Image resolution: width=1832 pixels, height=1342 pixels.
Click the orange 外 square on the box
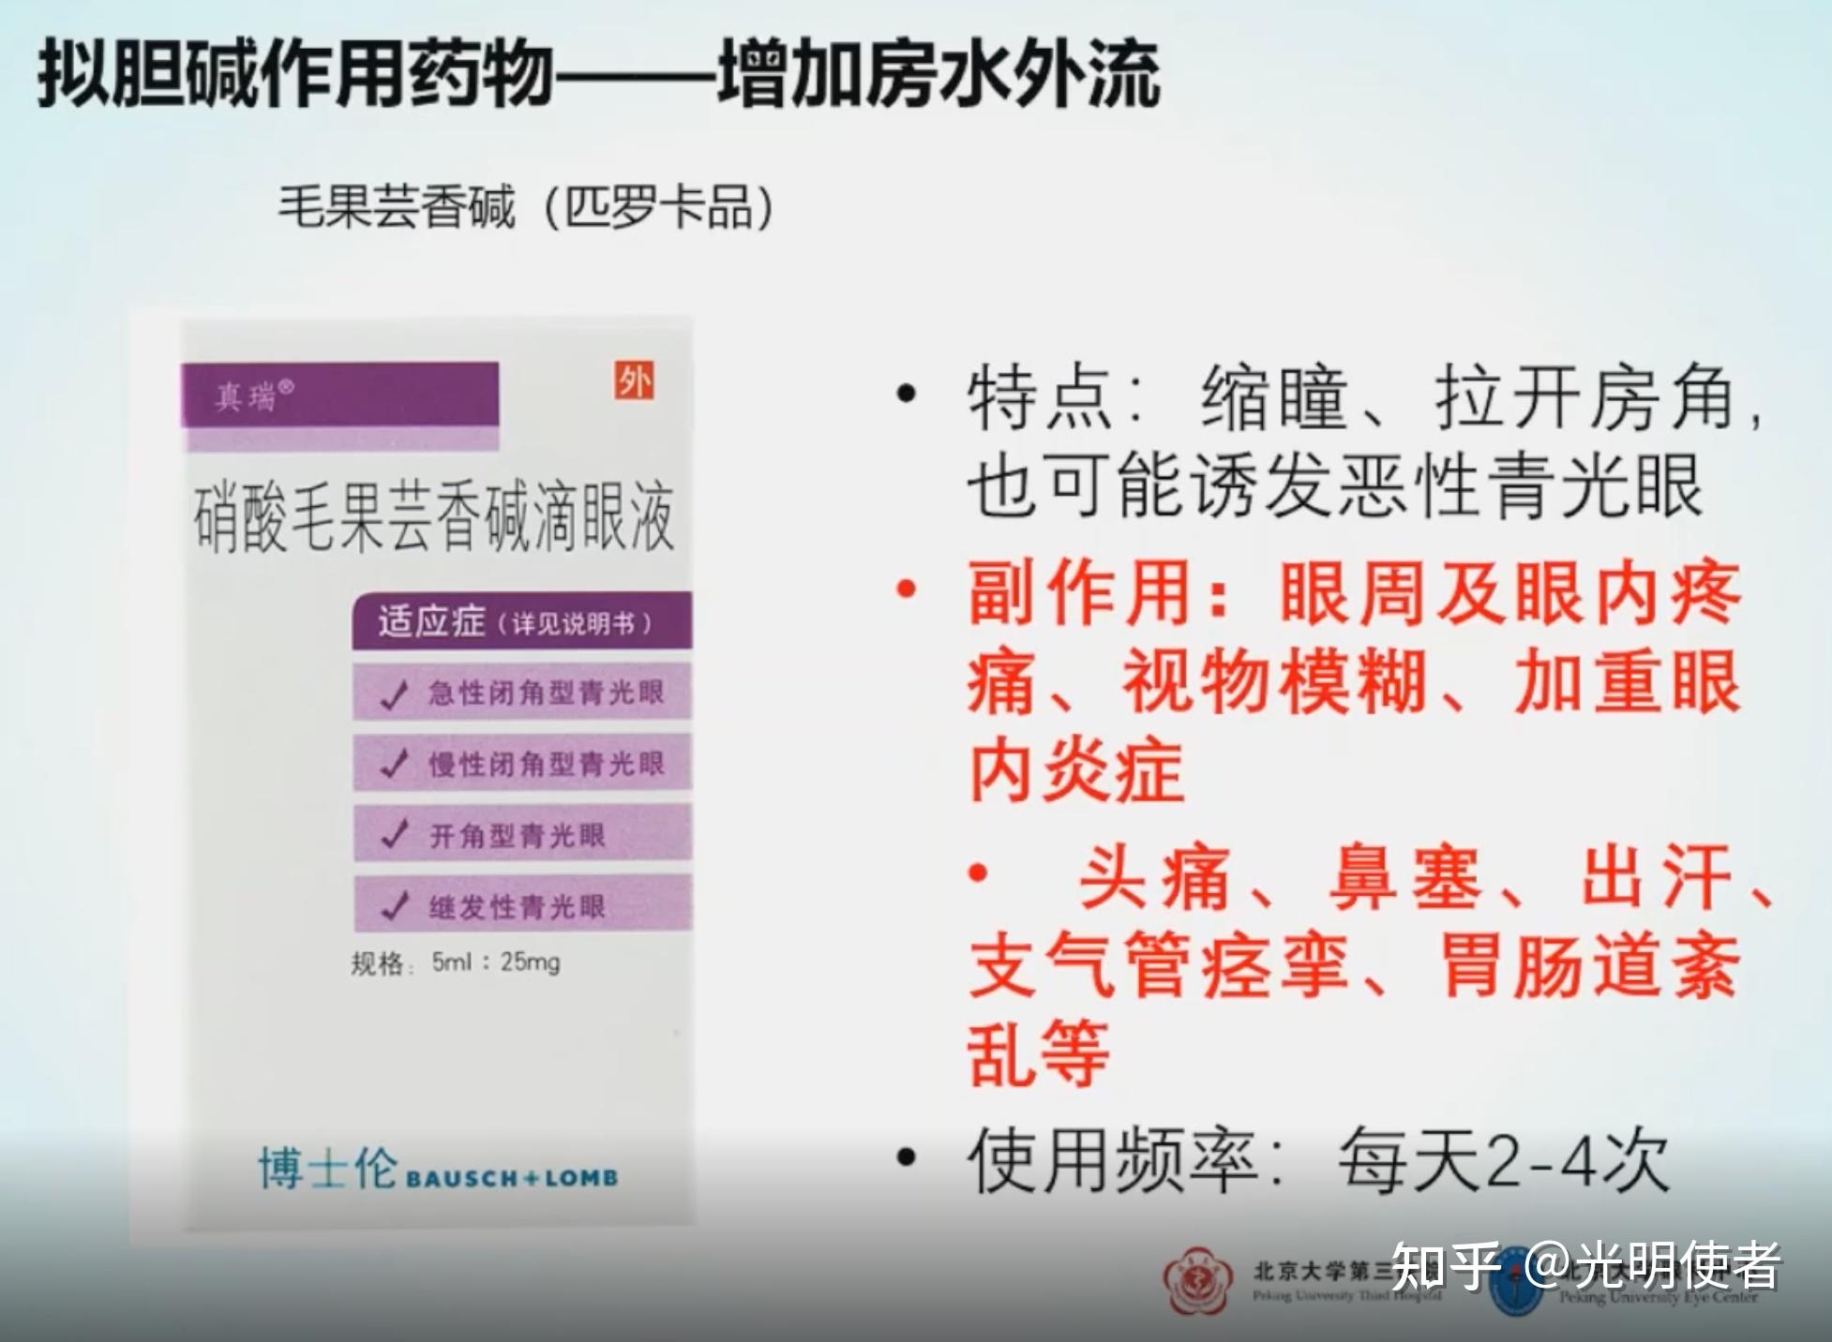[x=635, y=381]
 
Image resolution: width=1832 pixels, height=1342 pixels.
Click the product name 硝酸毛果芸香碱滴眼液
[x=433, y=517]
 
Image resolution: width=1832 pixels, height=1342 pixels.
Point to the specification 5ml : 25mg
[x=495, y=962]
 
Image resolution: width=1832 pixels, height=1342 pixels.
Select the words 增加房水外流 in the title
[x=939, y=75]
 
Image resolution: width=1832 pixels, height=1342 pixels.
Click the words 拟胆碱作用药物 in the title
[x=294, y=75]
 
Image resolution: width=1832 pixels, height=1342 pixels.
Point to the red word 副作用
[x=1079, y=594]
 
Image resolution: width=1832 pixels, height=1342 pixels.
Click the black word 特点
[x=1040, y=399]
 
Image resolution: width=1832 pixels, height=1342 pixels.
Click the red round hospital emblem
[x=1197, y=1280]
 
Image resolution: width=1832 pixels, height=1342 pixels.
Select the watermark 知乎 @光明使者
[x=1585, y=1267]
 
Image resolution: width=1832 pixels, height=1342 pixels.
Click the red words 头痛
[x=1153, y=879]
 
